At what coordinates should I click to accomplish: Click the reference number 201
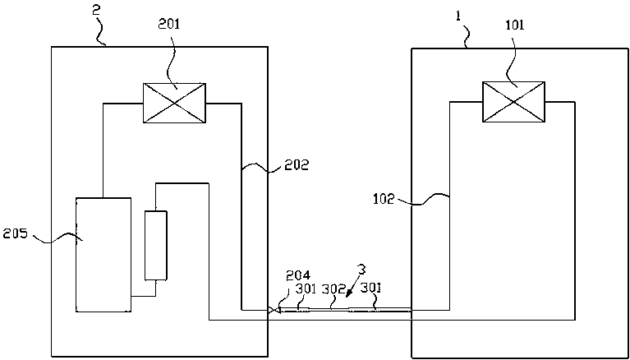pos(170,25)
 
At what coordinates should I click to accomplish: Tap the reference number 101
pos(515,25)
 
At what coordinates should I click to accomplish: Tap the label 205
pos(16,233)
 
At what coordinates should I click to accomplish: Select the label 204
pos(297,275)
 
